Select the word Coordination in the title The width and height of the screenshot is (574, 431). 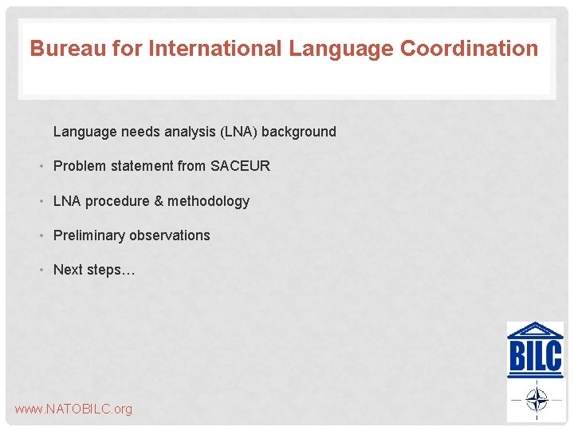469,49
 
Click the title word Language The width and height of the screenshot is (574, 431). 341,49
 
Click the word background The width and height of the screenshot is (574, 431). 299,132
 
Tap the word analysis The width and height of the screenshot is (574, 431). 189,132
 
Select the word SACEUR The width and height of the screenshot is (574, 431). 240,166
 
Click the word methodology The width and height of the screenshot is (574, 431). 209,201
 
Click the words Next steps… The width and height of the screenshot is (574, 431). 94,270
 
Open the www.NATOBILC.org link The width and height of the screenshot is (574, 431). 73,409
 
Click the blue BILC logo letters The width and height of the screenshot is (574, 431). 535,357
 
